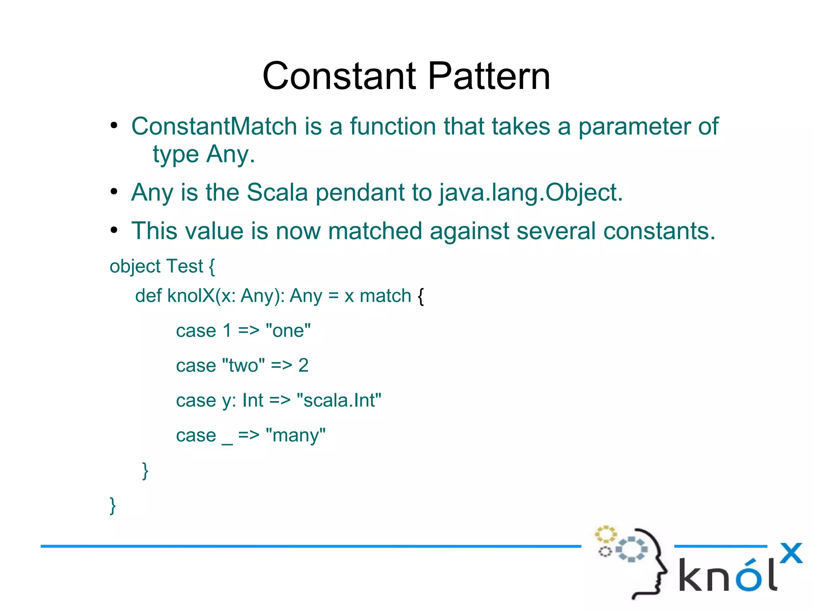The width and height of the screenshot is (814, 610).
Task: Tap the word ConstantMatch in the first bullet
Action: coord(214,126)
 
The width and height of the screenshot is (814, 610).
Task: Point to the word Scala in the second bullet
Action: coord(277,193)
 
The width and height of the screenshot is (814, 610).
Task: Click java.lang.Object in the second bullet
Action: coord(531,193)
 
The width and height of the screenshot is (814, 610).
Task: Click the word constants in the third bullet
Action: coord(659,231)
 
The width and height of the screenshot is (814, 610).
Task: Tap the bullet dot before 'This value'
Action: coord(114,230)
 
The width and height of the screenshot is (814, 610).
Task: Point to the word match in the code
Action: coord(385,296)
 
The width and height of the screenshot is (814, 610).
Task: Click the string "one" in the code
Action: coord(288,330)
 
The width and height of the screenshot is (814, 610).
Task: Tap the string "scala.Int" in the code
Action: coord(339,400)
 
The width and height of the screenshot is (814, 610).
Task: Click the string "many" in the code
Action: coord(296,435)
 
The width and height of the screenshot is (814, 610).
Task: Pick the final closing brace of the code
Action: coord(113,506)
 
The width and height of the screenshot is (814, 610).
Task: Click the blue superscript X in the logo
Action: coord(791,553)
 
